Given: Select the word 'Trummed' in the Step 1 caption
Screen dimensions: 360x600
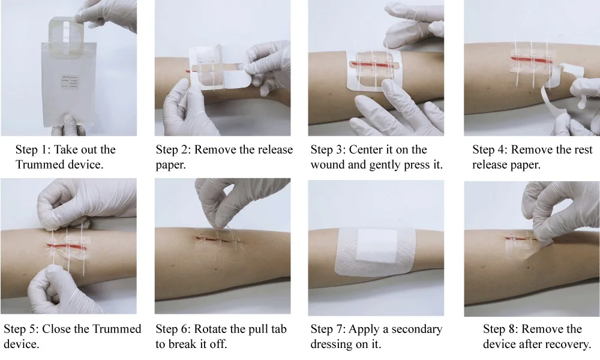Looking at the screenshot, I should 39,164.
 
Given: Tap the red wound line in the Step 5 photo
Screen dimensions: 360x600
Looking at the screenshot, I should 66,245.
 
